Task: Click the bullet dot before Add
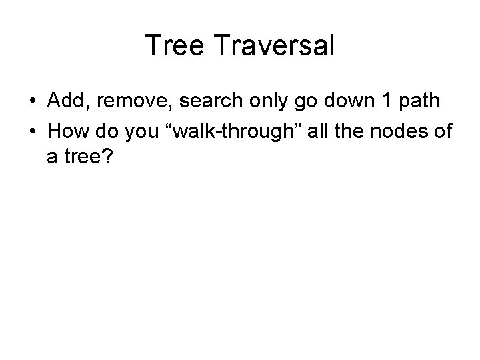[32, 101]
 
